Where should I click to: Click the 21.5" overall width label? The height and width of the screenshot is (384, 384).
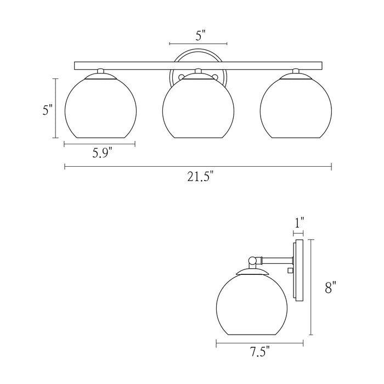[198, 177]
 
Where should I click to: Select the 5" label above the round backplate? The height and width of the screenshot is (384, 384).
[200, 36]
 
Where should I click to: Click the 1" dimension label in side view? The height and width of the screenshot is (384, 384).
[299, 223]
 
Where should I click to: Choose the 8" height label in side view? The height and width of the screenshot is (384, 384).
[330, 287]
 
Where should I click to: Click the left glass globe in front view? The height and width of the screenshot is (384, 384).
[100, 108]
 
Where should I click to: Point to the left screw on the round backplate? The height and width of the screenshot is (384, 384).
[177, 77]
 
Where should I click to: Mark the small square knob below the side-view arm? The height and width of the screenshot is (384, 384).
[290, 270]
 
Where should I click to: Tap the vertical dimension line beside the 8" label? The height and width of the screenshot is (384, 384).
[312, 287]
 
